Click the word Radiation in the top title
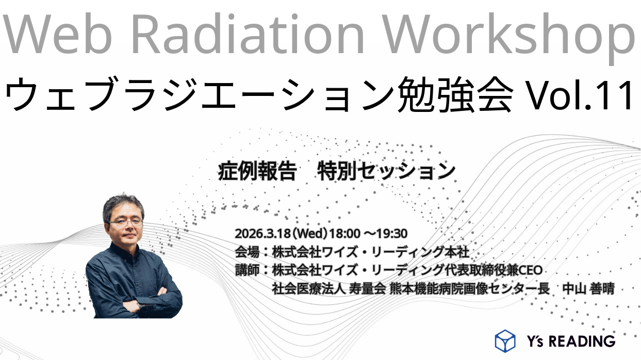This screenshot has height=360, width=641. click(x=248, y=34)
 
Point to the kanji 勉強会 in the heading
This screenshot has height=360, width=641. click(x=455, y=94)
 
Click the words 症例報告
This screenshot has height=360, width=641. click(x=257, y=171)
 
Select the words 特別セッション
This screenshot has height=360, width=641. click(x=386, y=171)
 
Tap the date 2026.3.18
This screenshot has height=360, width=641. click(x=262, y=234)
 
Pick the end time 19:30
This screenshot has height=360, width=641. click(x=391, y=234)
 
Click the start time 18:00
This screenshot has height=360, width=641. click(x=345, y=234)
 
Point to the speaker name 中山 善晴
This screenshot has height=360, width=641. click(x=588, y=289)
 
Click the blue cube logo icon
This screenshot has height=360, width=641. click(x=505, y=341)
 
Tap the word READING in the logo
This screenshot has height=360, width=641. click(x=582, y=341)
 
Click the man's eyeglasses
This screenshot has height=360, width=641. click(x=125, y=222)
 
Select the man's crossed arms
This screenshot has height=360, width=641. click(x=135, y=301)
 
